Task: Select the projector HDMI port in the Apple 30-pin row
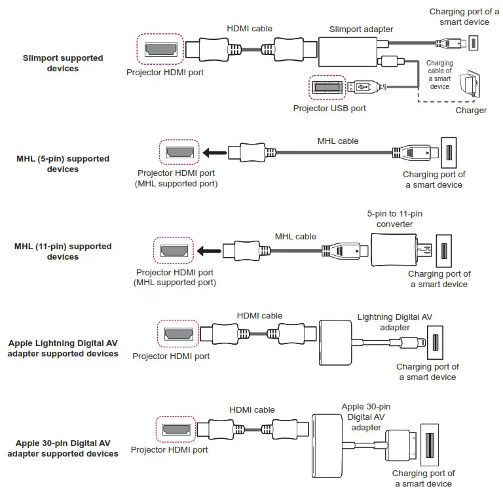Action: [x=175, y=431]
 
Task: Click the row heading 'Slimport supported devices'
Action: [x=63, y=63]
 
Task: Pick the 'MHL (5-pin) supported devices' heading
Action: [x=63, y=164]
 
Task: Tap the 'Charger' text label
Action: [x=471, y=111]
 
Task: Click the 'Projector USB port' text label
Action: [x=329, y=108]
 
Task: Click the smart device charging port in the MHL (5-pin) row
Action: [x=449, y=153]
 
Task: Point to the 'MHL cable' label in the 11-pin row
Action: [x=295, y=236]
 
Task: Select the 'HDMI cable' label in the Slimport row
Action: [x=249, y=29]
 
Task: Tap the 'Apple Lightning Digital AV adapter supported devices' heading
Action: [x=63, y=348]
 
